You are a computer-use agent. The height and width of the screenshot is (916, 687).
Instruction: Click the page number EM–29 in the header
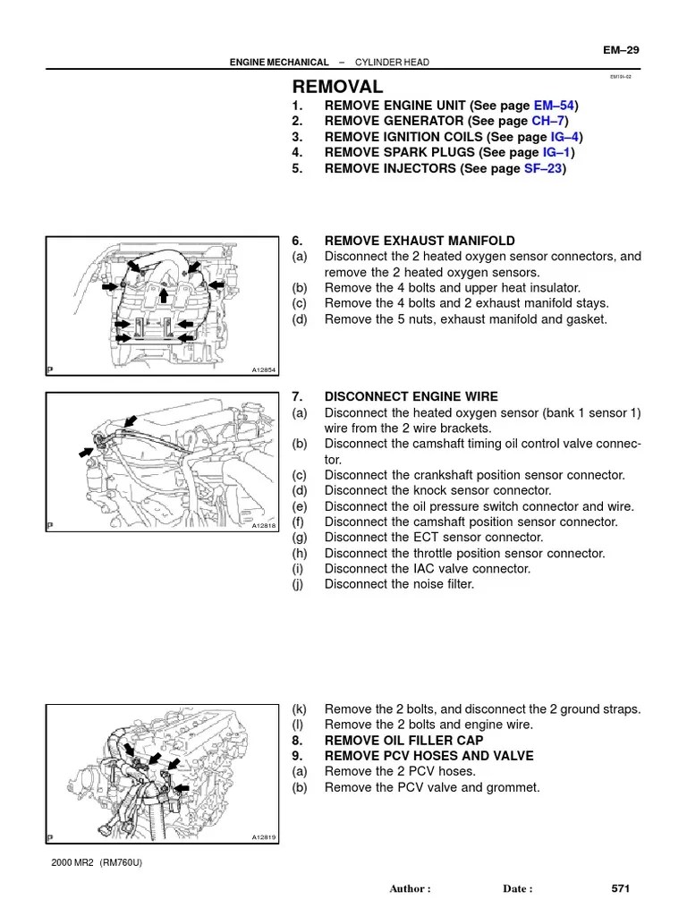point(619,49)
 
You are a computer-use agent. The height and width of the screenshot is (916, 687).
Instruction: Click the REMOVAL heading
point(337,87)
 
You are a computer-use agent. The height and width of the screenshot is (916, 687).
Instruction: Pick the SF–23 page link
point(544,168)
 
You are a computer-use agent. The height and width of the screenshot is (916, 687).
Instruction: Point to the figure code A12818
point(264,526)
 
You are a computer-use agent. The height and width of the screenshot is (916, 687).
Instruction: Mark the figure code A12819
point(264,837)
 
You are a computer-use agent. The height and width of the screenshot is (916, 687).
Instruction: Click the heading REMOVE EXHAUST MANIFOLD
point(420,241)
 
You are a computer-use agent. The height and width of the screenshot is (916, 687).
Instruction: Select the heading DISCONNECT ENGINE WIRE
point(411,396)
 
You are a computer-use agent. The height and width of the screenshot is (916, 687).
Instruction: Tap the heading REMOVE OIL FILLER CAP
point(403,741)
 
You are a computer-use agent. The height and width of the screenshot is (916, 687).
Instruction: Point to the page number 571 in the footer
point(621,888)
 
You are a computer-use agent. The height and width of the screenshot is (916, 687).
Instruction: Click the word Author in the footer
point(411,889)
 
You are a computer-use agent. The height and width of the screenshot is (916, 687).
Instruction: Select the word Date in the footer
point(517,889)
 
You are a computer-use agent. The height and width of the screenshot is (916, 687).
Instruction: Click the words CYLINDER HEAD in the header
point(393,62)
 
